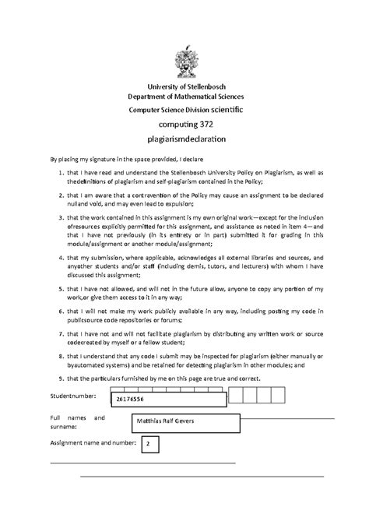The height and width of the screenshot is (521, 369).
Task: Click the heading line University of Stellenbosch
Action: pyautogui.click(x=184, y=86)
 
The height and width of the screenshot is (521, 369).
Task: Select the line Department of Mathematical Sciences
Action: pyautogui.click(x=184, y=96)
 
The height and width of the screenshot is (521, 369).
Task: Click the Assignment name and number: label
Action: pyautogui.click(x=93, y=442)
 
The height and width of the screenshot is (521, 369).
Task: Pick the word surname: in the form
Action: pyautogui.click(x=65, y=428)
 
